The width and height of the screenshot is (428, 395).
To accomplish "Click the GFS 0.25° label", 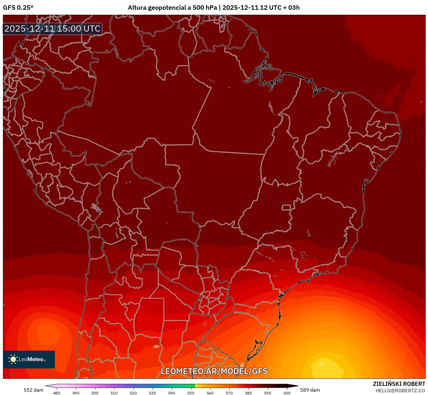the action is [x=18, y=8].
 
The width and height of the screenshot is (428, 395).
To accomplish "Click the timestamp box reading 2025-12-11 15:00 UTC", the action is [x=53, y=29].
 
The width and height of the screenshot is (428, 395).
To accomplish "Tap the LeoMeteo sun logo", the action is [x=13, y=359].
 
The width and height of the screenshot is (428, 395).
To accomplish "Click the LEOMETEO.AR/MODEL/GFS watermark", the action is [x=214, y=371].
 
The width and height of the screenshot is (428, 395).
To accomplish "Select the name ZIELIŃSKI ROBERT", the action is [x=399, y=384].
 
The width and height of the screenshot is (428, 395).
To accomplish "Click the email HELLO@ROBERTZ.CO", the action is [x=400, y=391].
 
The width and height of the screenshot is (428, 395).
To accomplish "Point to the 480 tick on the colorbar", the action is [x=57, y=393].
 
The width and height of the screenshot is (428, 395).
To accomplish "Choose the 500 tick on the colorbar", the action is [x=95, y=393].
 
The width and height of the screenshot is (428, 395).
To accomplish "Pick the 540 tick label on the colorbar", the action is [x=172, y=393].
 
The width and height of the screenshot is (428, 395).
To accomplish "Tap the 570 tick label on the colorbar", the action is [x=229, y=393].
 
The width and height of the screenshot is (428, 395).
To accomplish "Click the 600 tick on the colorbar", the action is [x=287, y=393].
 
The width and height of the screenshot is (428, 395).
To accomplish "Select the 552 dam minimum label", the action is [x=33, y=390].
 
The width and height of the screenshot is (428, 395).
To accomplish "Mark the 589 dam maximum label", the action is [x=310, y=390].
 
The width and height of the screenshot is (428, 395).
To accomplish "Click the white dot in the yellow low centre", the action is [x=322, y=364].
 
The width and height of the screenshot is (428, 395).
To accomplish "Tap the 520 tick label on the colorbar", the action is [x=133, y=393].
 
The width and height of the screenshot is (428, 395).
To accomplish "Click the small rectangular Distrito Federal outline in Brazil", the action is [x=286, y=207].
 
